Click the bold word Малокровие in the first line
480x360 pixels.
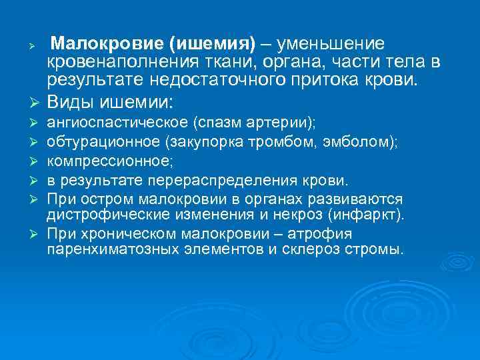[109, 44]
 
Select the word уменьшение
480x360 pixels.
[331, 44]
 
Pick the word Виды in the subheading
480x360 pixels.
[74, 103]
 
